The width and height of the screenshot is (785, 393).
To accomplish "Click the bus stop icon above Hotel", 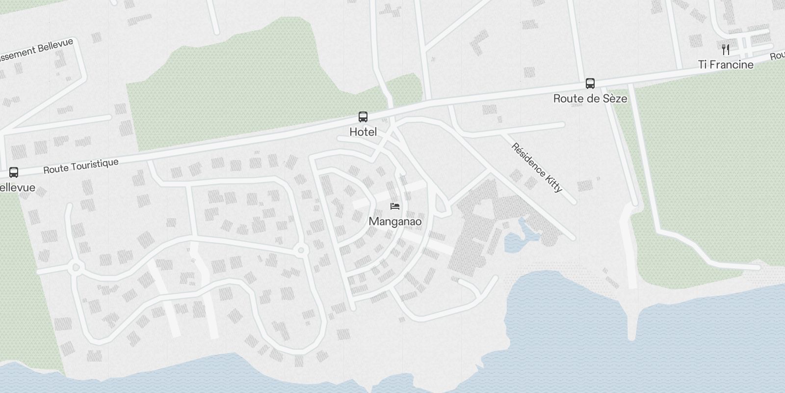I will pos(363,117).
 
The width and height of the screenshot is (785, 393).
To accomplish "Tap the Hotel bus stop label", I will pos(363,132).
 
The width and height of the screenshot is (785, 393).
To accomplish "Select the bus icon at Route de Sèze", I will pos(590,84).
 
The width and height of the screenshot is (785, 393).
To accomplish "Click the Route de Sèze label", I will pos(590,98).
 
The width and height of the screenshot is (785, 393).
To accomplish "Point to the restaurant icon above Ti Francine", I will pos(726,49).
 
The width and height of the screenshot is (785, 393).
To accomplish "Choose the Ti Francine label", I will pos(726,64).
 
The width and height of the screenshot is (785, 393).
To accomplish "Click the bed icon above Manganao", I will pos(395,206).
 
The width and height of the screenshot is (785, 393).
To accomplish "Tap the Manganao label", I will pos(395,222).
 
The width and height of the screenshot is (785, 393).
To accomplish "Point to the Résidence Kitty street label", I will pos(537,168).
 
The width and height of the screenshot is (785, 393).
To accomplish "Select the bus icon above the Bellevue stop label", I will pos(14,172).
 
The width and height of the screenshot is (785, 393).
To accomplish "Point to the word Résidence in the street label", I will pos(528,160).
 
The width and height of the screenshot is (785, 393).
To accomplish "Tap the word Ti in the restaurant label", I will pos(703,64).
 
